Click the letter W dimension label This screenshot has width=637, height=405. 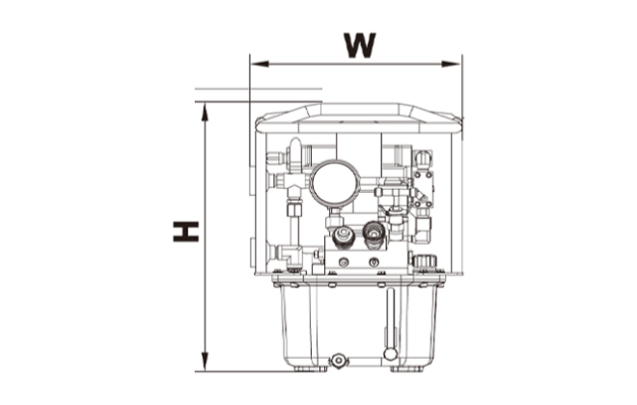coord(359,44)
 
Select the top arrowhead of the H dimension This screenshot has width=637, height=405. coord(205,108)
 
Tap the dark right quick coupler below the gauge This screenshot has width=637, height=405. coord(373,231)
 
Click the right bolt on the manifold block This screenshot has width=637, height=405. coord(374,261)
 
